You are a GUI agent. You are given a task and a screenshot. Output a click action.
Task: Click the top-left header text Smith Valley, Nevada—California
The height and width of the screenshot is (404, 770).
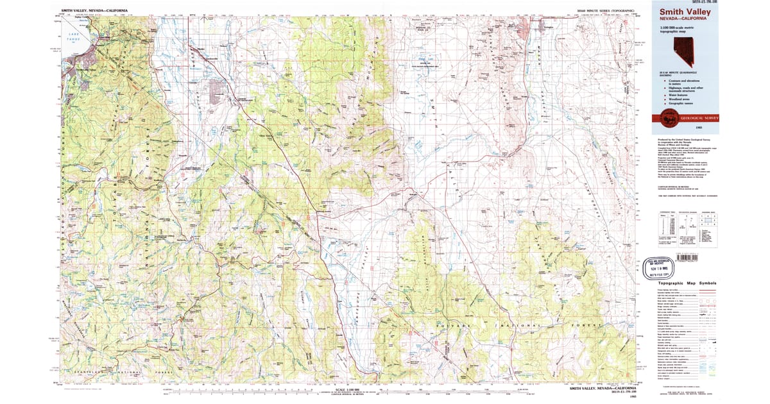94,11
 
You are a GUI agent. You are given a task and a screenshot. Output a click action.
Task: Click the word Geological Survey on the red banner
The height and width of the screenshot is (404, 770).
696,118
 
